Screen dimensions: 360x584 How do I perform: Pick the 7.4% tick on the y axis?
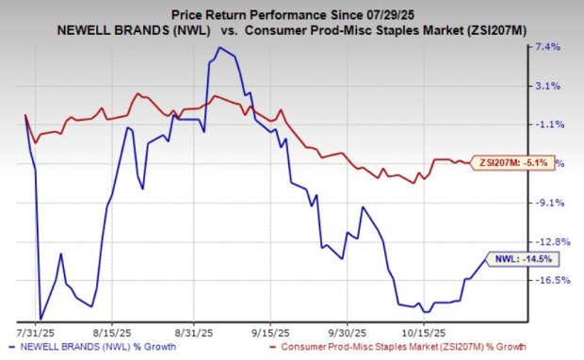coord(547,46)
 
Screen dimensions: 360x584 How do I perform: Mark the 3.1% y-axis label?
coord(547,86)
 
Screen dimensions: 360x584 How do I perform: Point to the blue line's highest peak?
coord(219,47)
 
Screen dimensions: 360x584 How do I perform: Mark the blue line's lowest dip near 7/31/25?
coord(40,319)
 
